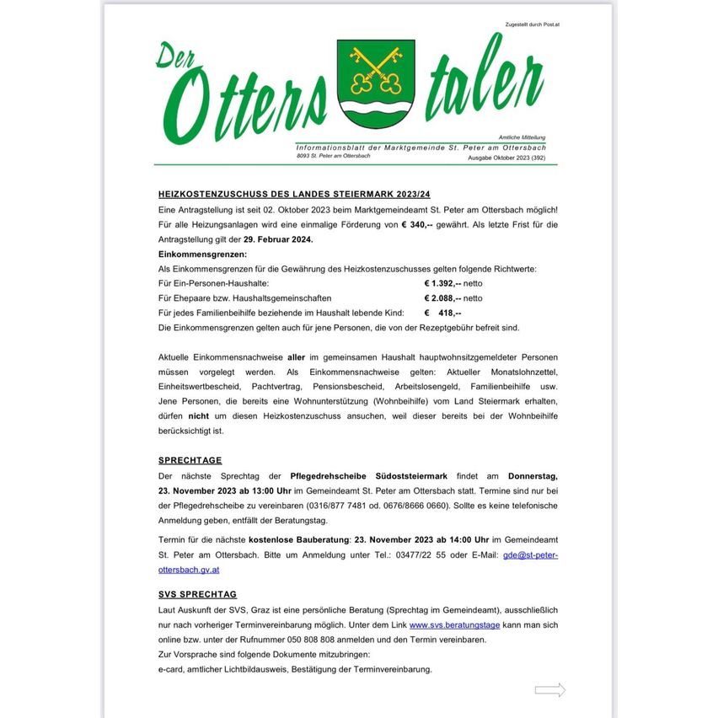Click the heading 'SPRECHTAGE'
pyautogui.click(x=190, y=460)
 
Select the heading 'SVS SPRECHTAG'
pyautogui.click(x=197, y=594)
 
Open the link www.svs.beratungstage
pyautogui.click(x=454, y=624)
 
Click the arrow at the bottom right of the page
pyautogui.click(x=549, y=690)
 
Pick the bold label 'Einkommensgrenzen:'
pyautogui.click(x=202, y=254)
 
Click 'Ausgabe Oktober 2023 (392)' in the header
pyautogui.click(x=512, y=157)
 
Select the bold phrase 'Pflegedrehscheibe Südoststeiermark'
pyautogui.click(x=362, y=476)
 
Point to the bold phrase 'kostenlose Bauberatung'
pyautogui.click(x=298, y=538)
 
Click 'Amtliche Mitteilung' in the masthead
pyautogui.click(x=522, y=137)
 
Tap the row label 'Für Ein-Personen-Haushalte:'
pyautogui.click(x=213, y=283)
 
